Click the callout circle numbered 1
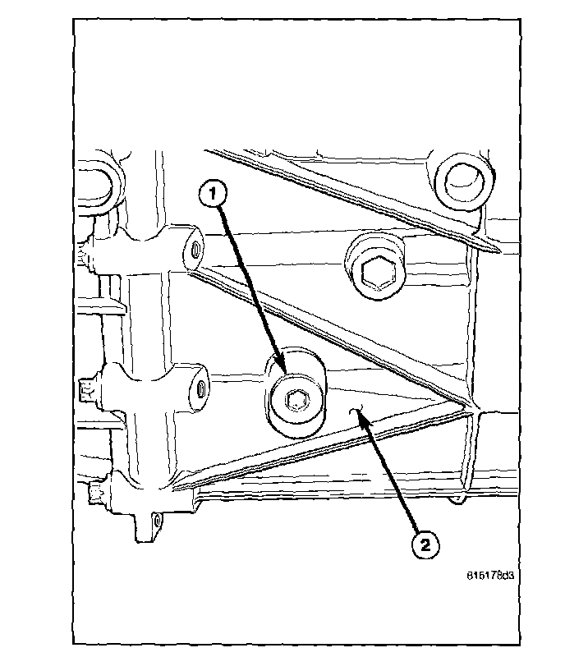212,195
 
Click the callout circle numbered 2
425,544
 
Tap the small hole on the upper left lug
196,247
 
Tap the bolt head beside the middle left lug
88,385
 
